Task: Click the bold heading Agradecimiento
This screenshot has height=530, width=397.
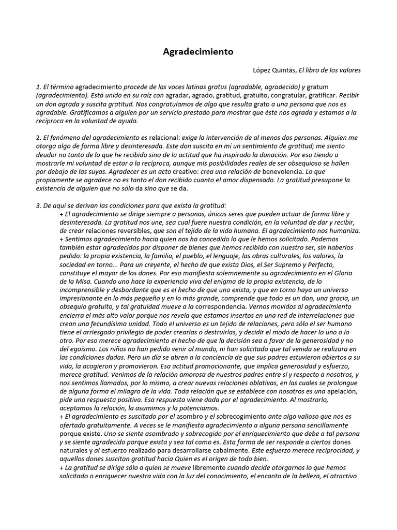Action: pyautogui.click(x=198, y=52)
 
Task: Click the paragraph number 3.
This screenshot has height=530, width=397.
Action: pyautogui.click(x=38, y=205)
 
